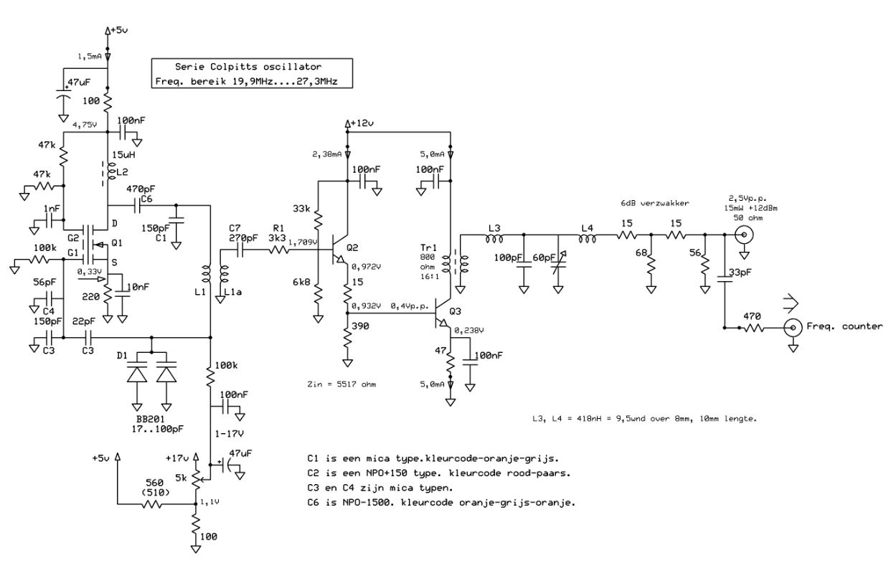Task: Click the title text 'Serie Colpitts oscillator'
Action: tap(248, 67)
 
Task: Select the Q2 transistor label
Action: tap(352, 247)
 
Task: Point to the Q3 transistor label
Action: tap(455, 311)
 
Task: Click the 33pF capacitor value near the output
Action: tap(740, 273)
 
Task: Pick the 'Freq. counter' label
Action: tap(844, 326)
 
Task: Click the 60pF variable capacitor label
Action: tap(544, 257)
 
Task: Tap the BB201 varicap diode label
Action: tap(151, 419)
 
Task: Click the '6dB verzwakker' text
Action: tap(655, 203)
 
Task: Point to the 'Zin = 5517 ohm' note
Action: tap(341, 384)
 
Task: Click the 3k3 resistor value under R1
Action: tap(277, 238)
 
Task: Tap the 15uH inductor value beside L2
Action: tap(123, 155)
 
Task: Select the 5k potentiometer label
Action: tap(181, 478)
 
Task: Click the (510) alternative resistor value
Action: tap(156, 492)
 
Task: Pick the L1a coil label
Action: tap(232, 292)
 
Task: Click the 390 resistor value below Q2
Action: tap(360, 326)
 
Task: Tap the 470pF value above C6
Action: tap(141, 189)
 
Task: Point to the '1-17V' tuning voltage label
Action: tap(229, 434)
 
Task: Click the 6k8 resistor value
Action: tap(301, 283)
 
